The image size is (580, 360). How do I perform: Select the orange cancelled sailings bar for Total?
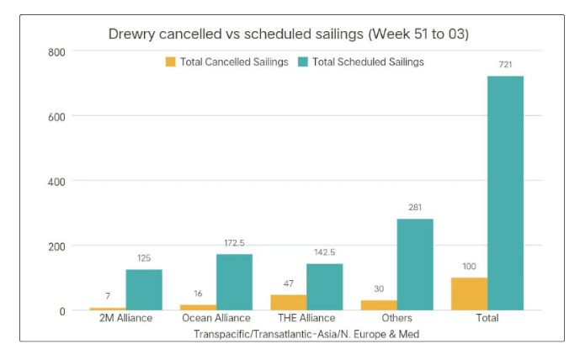click(469, 294)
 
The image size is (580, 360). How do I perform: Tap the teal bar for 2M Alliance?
click(144, 289)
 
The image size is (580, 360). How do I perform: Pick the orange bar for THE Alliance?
click(289, 302)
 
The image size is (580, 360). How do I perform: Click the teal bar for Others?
click(415, 264)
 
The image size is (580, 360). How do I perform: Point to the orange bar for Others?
click(379, 304)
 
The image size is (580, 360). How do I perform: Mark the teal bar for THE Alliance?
click(324, 287)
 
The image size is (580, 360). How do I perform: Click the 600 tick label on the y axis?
click(57, 116)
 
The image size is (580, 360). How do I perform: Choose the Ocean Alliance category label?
click(216, 319)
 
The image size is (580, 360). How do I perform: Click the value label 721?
click(505, 65)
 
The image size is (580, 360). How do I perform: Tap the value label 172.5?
click(234, 243)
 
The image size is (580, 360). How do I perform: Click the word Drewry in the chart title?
click(131, 34)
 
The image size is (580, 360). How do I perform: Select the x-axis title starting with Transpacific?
click(306, 334)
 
